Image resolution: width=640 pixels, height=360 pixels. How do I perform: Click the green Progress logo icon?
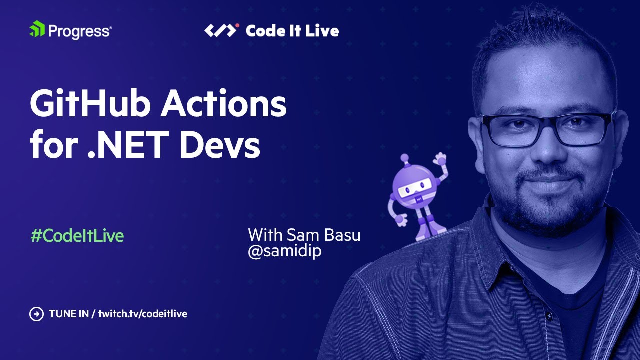(x=37, y=30)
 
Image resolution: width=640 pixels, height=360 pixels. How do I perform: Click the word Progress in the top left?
(x=79, y=31)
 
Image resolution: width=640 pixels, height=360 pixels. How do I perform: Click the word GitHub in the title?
(x=88, y=105)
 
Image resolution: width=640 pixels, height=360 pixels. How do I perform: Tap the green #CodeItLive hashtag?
(x=77, y=236)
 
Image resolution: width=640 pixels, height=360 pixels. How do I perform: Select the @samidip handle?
(x=285, y=251)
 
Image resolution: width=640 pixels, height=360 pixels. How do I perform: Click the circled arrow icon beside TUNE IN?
(x=36, y=314)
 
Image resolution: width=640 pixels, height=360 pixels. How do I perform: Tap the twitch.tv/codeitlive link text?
(x=143, y=314)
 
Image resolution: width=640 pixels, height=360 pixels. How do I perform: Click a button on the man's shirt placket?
(x=549, y=317)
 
